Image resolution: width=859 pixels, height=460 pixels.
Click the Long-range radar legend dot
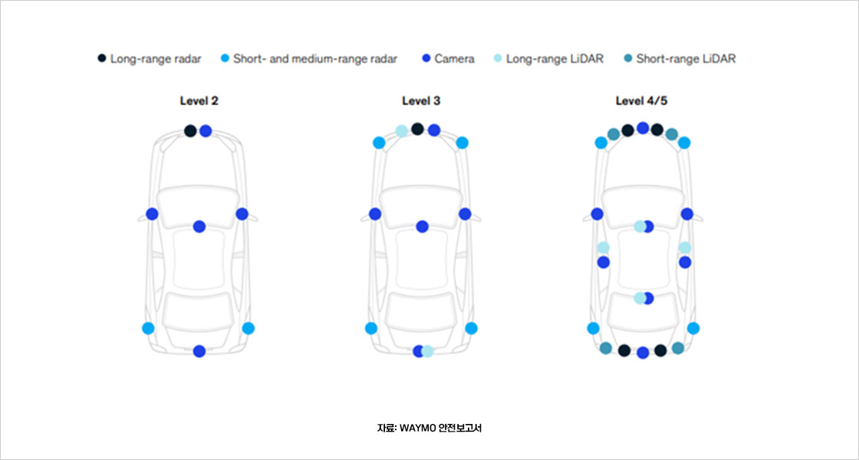(x=102, y=58)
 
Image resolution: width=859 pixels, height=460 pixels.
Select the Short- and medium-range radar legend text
(x=314, y=58)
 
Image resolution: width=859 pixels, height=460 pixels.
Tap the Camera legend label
(x=454, y=58)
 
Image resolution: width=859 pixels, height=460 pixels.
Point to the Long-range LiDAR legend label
(x=555, y=58)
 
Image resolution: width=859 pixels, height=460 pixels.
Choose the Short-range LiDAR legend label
(x=686, y=58)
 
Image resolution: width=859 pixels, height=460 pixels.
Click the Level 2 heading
(x=199, y=100)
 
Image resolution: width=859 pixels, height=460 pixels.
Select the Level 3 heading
(x=421, y=100)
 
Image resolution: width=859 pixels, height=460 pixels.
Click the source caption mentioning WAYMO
(x=429, y=428)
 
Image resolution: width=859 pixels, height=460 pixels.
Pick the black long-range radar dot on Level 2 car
(x=190, y=130)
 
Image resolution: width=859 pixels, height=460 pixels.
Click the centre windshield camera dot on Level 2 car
(x=199, y=226)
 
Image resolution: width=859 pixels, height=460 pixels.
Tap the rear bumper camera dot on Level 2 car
(x=199, y=351)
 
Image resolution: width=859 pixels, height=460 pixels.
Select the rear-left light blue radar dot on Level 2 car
(x=148, y=328)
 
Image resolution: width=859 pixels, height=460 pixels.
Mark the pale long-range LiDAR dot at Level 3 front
(x=402, y=130)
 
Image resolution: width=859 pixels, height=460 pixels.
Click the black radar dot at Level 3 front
(x=417, y=129)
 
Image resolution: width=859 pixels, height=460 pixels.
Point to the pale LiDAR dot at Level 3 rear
(x=428, y=351)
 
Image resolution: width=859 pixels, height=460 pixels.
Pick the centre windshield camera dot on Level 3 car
(x=422, y=226)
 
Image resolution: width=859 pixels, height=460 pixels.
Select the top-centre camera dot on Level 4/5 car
(x=643, y=128)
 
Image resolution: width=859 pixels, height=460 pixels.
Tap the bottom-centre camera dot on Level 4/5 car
(x=643, y=353)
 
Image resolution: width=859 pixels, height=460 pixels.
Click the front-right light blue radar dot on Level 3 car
(x=462, y=143)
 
